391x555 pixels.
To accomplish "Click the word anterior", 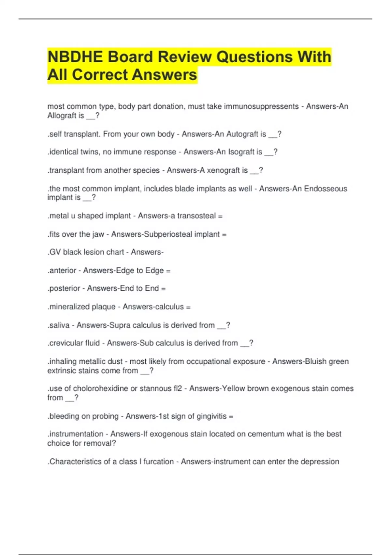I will pyautogui.click(x=63, y=271).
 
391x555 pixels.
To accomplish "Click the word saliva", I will pyautogui.click(x=59, y=325).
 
